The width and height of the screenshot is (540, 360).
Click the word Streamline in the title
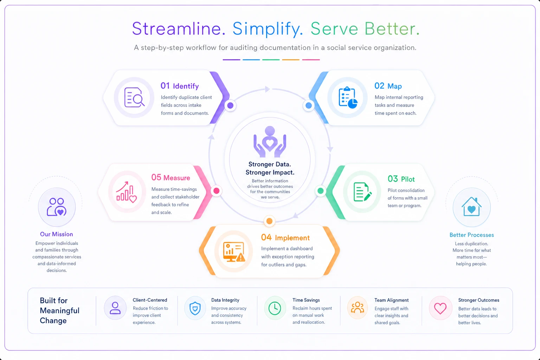[179, 29]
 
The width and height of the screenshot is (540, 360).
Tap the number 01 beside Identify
[165, 85]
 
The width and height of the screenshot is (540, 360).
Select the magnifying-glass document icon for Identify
[134, 97]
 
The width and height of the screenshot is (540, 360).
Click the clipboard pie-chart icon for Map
[348, 97]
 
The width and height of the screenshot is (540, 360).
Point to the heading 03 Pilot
[401, 179]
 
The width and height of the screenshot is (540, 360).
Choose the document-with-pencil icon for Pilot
[362, 192]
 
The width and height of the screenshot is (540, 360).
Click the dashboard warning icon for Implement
[234, 252]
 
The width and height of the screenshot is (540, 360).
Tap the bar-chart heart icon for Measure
[126, 192]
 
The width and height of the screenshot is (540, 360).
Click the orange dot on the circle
[269, 221]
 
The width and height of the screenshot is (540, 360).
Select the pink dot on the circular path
[217, 191]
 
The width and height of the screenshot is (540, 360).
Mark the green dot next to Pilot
[320, 191]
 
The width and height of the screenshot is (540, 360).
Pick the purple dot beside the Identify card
[230, 105]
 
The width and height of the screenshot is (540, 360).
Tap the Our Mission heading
[56, 234]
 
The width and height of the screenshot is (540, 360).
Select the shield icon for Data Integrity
[195, 308]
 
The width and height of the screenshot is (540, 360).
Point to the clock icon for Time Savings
[275, 308]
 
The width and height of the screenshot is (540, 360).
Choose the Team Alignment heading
[392, 300]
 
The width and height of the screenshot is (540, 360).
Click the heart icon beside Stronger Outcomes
[440, 308]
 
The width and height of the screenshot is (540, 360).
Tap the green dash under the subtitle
[271, 59]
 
